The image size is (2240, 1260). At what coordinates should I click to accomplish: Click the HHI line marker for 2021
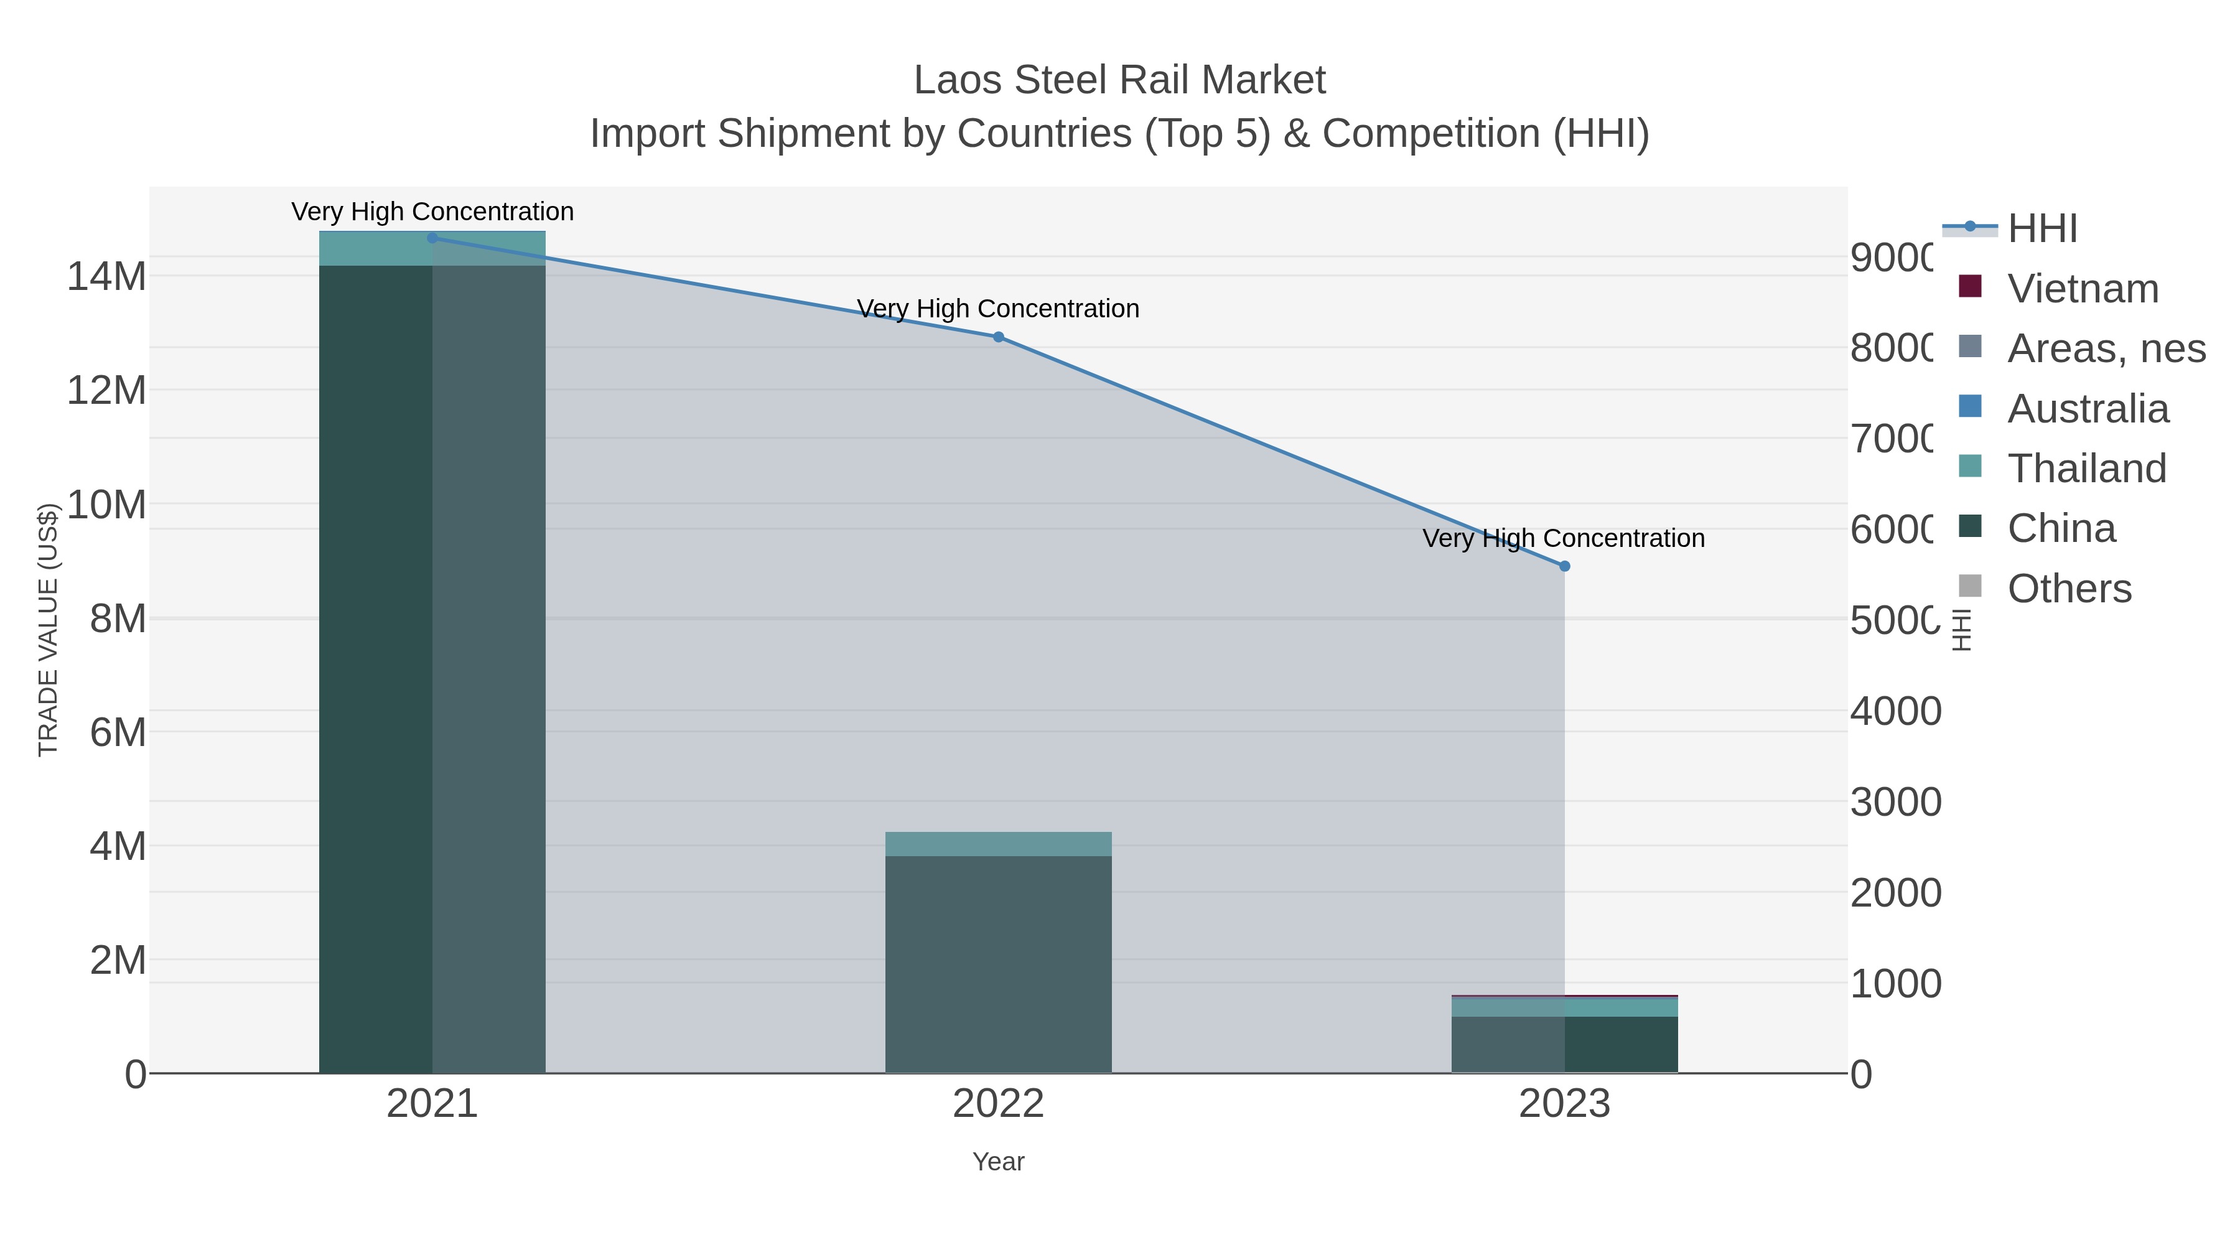(x=432, y=238)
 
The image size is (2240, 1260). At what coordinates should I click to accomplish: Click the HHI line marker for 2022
(x=998, y=337)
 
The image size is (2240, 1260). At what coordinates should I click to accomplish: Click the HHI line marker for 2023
(x=1564, y=566)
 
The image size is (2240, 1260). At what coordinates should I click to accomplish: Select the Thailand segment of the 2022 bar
(x=998, y=844)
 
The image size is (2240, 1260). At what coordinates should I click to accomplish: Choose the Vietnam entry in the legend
(x=2083, y=289)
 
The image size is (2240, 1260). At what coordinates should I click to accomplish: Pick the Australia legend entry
(x=2088, y=409)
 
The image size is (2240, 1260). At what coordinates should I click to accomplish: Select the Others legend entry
(x=2069, y=589)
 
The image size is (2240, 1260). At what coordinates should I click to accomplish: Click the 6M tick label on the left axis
(x=118, y=732)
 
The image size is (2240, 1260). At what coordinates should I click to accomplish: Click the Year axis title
(x=998, y=1162)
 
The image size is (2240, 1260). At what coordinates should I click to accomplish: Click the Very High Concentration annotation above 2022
(x=997, y=309)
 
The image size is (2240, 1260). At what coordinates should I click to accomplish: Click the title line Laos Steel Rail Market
(x=1119, y=80)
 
